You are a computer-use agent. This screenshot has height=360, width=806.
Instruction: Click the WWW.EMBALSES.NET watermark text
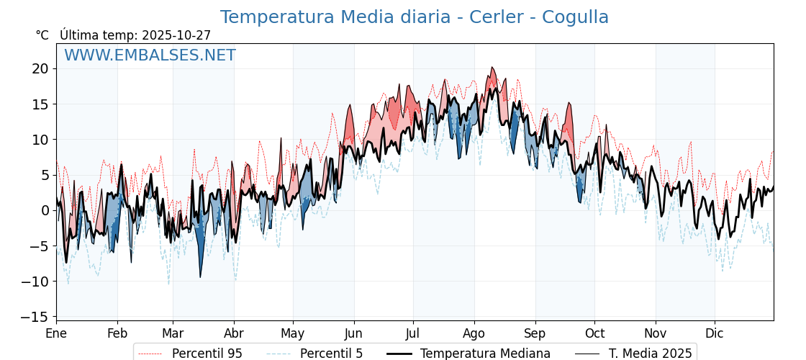click(x=150, y=55)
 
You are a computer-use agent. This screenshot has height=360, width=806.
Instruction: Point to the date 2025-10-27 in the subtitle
click(x=176, y=35)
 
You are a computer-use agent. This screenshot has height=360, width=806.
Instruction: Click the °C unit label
click(x=42, y=35)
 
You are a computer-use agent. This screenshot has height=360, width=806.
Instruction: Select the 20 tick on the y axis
click(x=40, y=69)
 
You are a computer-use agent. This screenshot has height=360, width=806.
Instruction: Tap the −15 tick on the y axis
click(x=36, y=317)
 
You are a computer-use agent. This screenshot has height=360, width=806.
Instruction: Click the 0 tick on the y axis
click(x=45, y=211)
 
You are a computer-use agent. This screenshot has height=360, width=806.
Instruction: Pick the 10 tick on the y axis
click(x=40, y=140)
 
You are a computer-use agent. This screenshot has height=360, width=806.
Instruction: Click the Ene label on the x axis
click(x=56, y=333)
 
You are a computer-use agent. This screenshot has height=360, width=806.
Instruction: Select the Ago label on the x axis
click(x=474, y=333)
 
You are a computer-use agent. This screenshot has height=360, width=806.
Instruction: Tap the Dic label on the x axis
click(x=715, y=333)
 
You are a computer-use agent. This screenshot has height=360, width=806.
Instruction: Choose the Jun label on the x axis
click(x=353, y=333)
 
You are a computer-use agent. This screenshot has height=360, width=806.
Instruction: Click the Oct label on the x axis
click(x=594, y=333)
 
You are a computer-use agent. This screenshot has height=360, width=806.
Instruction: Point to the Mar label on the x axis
click(x=173, y=333)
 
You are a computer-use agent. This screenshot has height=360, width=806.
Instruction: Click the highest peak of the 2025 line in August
click(x=492, y=68)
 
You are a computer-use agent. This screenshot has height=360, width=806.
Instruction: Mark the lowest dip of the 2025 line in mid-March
click(x=200, y=277)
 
